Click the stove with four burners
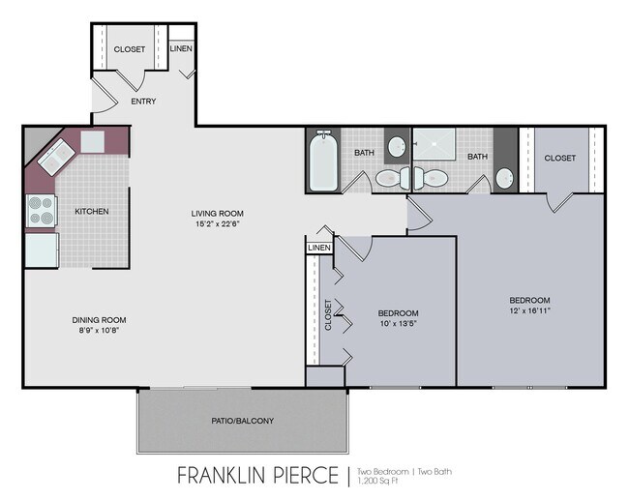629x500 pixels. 42,211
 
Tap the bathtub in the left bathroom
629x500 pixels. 324,161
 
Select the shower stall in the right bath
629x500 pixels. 434,143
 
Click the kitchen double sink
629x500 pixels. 56,157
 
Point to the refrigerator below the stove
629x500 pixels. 43,250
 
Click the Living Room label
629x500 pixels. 218,214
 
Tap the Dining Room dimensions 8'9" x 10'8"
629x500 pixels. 99,331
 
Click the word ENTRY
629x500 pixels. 143,102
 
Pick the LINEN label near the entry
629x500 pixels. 181,48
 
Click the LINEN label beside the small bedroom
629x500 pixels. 319,248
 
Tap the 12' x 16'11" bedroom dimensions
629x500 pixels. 530,310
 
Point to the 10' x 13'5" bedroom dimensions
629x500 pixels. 399,324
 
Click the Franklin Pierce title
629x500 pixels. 258,475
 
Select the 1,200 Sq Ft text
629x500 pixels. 377,481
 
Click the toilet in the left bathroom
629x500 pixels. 393,178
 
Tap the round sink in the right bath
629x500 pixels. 504,178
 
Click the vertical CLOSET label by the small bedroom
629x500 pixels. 328,314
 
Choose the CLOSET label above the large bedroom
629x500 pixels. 560,158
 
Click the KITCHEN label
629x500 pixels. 92,211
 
